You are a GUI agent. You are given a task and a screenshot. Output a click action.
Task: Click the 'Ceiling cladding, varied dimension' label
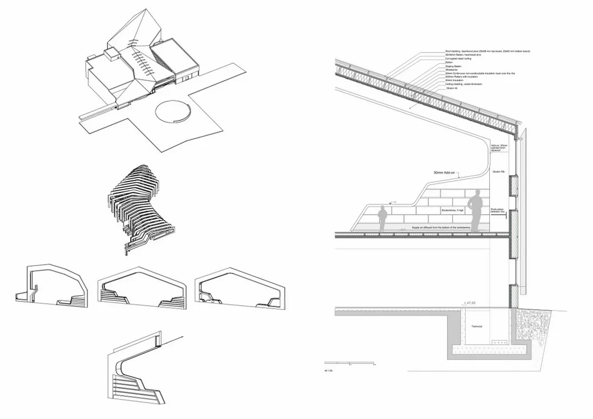tap(463, 84)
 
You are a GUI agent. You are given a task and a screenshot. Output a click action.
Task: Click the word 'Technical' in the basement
tap(477, 327)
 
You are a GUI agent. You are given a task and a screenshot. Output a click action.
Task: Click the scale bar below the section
tap(349, 363)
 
